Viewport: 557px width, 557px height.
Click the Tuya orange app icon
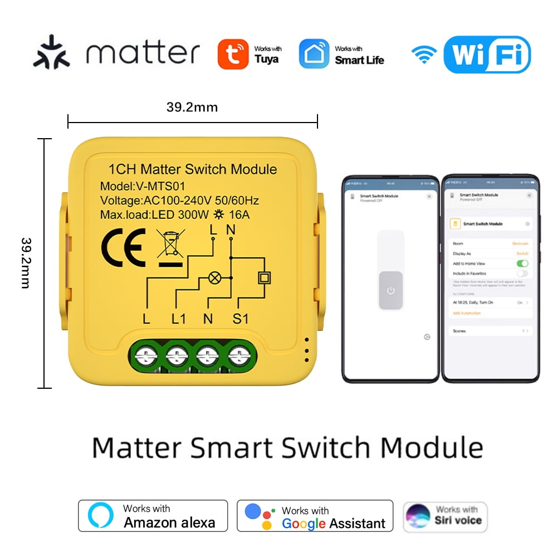233,54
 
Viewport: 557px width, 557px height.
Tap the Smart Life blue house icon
314,54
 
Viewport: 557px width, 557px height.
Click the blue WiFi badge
486,55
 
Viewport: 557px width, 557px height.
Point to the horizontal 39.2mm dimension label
192,107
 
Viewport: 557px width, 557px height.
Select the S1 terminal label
241,319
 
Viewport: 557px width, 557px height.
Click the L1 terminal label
178,319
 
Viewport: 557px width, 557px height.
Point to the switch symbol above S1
265,277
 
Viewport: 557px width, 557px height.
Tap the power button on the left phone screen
390,290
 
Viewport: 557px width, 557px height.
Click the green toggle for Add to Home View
522,263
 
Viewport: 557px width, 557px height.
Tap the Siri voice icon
418,516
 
